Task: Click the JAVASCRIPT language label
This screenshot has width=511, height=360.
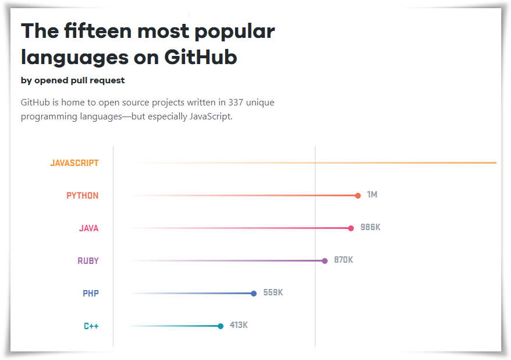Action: pyautogui.click(x=74, y=163)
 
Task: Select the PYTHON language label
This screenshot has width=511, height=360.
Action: pyautogui.click(x=83, y=196)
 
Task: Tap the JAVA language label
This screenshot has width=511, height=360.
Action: pyautogui.click(x=89, y=228)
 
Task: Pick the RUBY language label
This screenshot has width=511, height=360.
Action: pyautogui.click(x=88, y=261)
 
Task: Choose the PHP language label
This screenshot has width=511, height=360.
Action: pyautogui.click(x=91, y=294)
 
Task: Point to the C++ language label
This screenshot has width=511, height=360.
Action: pyautogui.click(x=91, y=326)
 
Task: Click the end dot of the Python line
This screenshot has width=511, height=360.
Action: pyautogui.click(x=358, y=196)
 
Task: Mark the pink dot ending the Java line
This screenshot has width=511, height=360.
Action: pyautogui.click(x=351, y=228)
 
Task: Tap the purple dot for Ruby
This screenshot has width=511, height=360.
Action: pyautogui.click(x=325, y=261)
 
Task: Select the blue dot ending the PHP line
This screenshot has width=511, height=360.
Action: pyautogui.click(x=254, y=294)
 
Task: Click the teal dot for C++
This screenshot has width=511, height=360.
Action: pyautogui.click(x=221, y=326)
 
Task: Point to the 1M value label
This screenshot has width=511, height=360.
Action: pyautogui.click(x=372, y=195)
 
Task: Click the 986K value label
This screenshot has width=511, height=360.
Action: pyautogui.click(x=370, y=227)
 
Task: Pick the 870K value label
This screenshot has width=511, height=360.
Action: pyautogui.click(x=343, y=260)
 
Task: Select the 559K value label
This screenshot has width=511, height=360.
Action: pyautogui.click(x=273, y=292)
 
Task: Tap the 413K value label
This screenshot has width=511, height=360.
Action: pyautogui.click(x=239, y=325)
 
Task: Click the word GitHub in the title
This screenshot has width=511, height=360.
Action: pyautogui.click(x=201, y=57)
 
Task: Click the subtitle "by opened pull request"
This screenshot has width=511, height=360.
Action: pyautogui.click(x=73, y=80)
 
